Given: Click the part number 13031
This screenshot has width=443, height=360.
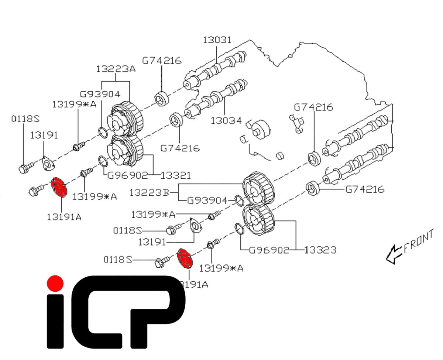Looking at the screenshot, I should coord(217,40).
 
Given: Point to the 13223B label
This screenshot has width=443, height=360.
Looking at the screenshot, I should coord(149,192).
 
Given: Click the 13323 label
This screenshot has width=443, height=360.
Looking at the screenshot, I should coord(320,250).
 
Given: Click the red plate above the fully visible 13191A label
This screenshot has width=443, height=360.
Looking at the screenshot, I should coord(59,187).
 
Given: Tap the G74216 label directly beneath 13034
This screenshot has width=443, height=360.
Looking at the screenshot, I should coord(180,148).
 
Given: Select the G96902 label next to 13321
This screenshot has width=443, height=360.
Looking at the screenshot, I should coord(128,175).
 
